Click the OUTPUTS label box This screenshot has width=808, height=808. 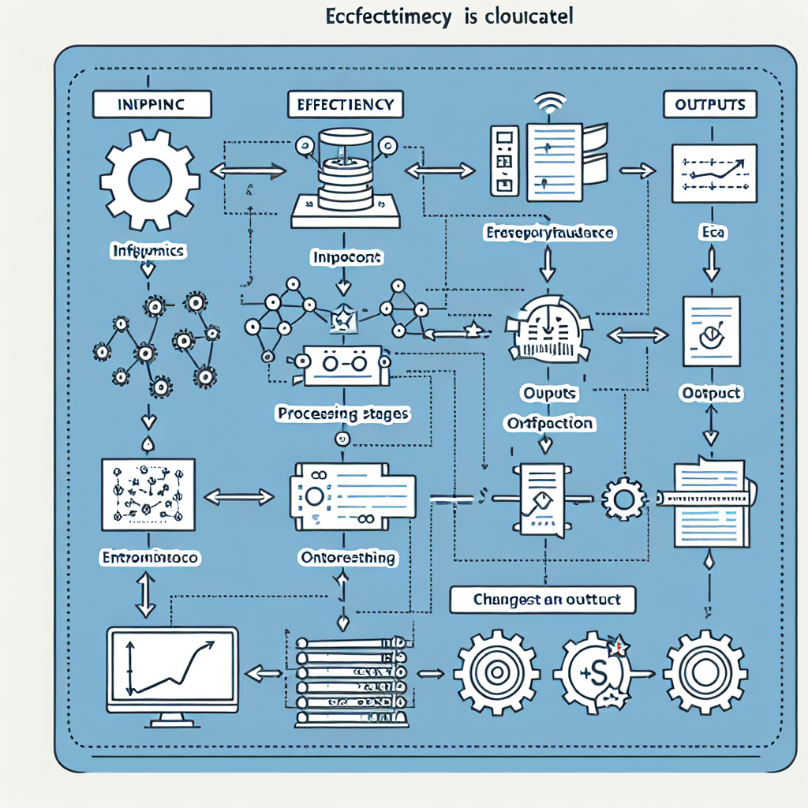coord(710,105)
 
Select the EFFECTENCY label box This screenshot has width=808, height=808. coord(346,105)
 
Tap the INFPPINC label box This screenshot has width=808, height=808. coord(152,105)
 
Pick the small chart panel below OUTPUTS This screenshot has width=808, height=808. coord(713,172)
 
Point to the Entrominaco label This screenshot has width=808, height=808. coord(151,557)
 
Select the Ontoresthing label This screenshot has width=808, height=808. coord(348,558)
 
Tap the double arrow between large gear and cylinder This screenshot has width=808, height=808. coord(249,170)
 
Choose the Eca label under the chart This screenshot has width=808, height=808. coord(712,233)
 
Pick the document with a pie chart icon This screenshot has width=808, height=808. coord(711,331)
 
